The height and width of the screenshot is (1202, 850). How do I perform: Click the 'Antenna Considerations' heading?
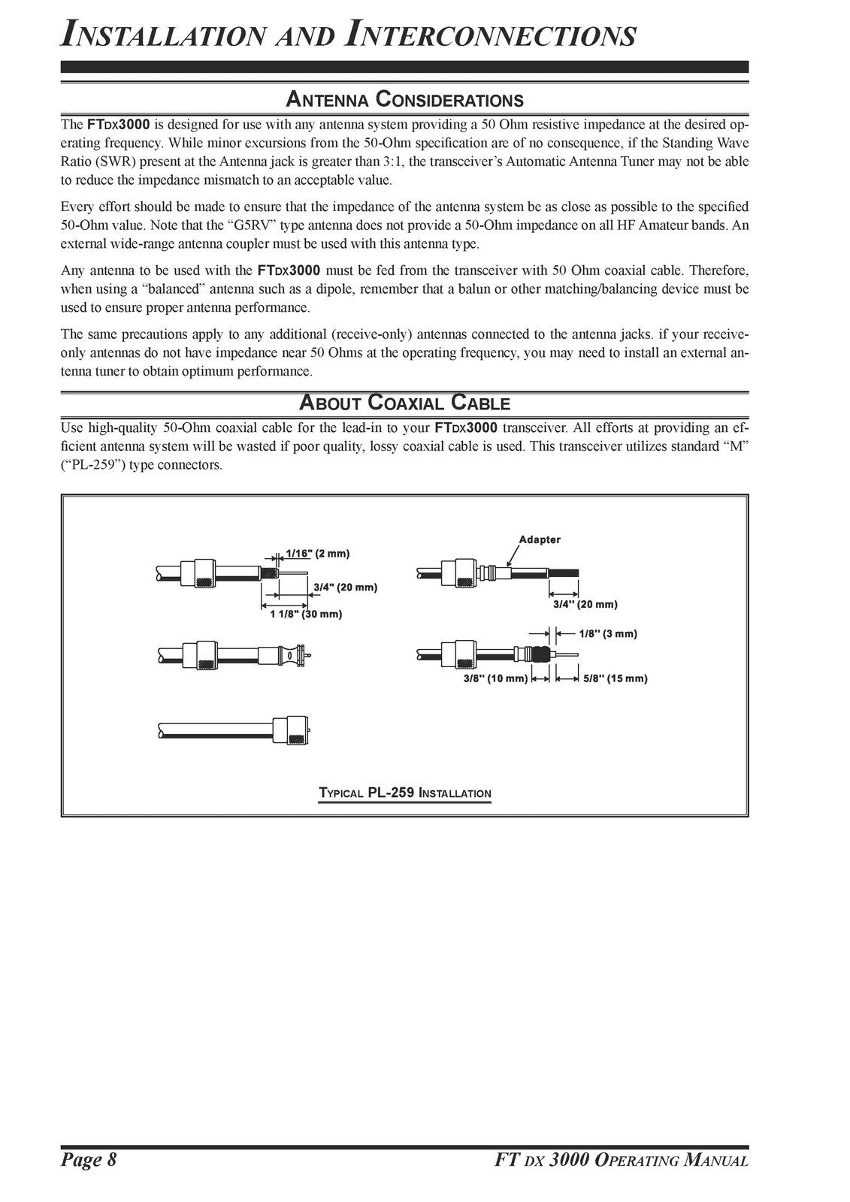point(404,99)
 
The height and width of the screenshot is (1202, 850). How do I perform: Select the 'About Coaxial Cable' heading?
point(404,403)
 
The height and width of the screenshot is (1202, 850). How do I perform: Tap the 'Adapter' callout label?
point(539,539)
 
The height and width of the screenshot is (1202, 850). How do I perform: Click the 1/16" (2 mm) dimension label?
point(318,554)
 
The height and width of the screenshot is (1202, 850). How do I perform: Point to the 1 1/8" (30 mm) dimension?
point(306,614)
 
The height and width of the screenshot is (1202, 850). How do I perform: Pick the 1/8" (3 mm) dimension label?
point(608,633)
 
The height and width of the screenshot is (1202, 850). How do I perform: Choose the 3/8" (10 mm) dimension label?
point(495,678)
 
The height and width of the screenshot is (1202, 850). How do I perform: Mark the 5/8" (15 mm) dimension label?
point(615,678)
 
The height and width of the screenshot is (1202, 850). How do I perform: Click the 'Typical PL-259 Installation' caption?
point(404,793)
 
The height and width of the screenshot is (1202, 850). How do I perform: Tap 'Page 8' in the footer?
point(89,1160)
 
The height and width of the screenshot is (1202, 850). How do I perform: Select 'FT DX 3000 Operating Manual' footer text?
point(616,1160)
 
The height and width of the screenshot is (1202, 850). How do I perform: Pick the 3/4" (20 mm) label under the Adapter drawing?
point(585,603)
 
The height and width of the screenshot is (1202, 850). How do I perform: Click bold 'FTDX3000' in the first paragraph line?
point(119,124)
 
